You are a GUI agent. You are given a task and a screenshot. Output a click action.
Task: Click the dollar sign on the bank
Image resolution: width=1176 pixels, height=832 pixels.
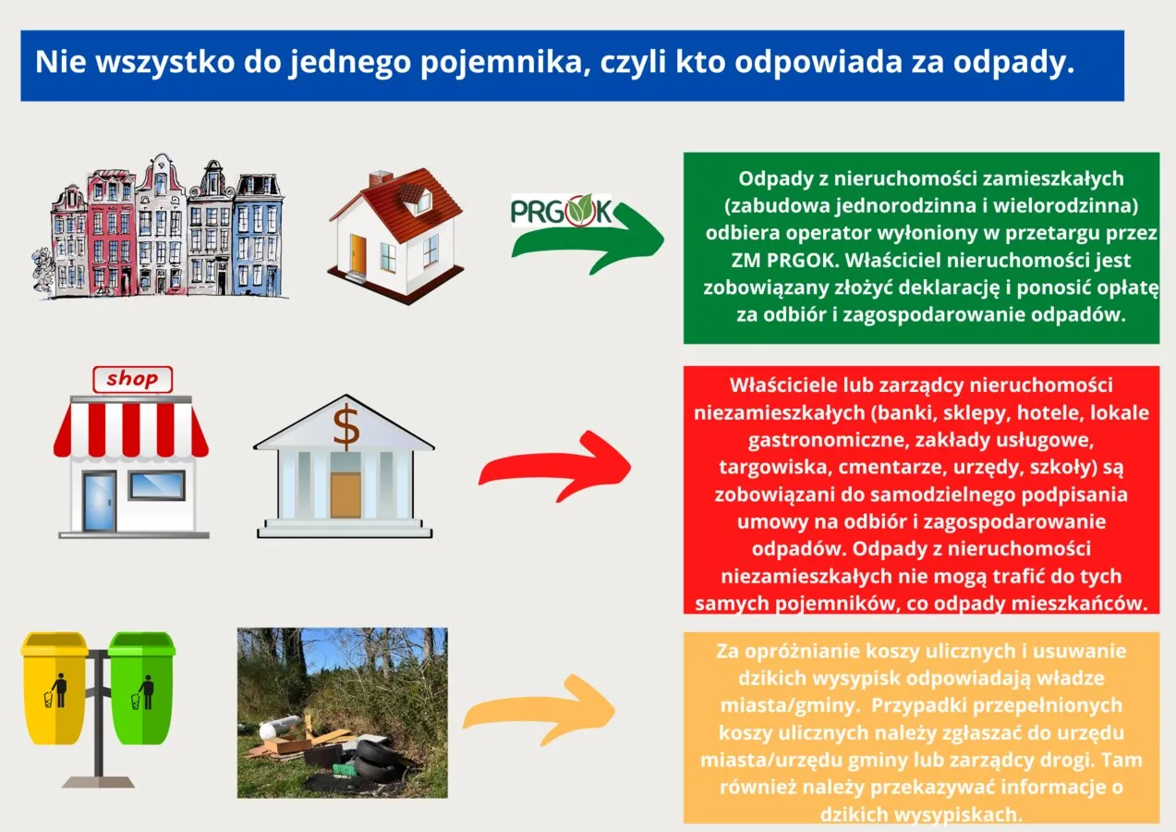[346, 426]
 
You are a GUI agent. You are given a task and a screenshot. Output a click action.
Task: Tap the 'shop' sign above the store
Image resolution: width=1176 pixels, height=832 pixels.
[132, 378]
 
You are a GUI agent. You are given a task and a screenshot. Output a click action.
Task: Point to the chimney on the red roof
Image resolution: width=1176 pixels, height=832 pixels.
[380, 177]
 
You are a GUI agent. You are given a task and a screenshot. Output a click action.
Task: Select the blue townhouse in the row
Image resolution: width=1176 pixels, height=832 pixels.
[256, 236]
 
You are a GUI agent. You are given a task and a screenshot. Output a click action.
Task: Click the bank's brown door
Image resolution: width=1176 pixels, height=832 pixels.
[345, 495]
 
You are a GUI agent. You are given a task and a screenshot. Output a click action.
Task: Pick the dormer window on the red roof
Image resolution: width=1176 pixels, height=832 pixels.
[419, 199]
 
